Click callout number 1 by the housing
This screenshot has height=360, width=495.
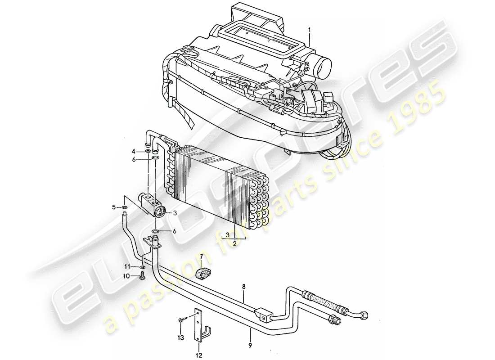click(x=309, y=31)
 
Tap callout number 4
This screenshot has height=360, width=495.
click(x=133, y=151)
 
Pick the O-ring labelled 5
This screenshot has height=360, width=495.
click(x=124, y=208)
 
